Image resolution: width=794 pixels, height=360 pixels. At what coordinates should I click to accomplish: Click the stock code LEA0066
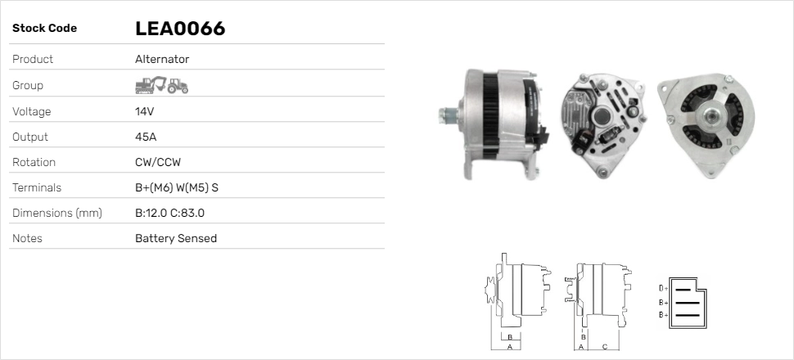(x=180, y=29)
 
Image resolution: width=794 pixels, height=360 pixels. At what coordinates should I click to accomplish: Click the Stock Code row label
(x=44, y=29)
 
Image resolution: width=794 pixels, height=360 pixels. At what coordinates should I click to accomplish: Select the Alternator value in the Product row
(x=162, y=59)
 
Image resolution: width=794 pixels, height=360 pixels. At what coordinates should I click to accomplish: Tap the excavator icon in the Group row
(x=151, y=85)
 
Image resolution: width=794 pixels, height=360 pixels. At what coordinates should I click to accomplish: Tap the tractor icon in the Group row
(x=178, y=86)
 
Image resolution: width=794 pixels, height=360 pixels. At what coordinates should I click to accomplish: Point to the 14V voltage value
(x=144, y=111)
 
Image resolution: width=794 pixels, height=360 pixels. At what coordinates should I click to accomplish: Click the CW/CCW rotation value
(x=158, y=162)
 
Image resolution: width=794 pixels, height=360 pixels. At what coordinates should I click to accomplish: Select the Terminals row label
(x=37, y=188)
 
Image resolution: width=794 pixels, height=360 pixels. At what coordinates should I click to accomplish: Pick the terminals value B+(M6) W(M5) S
(x=177, y=188)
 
